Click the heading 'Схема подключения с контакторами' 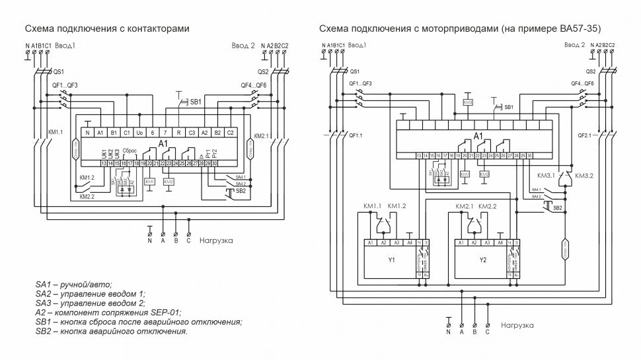coord(107,29)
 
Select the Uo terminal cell coord(139,133)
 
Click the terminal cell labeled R coord(178,133)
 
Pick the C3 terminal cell coord(191,133)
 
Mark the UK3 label coord(117,152)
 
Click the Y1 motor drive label coord(391,260)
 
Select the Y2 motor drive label coord(482,260)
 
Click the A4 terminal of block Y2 coord(500,242)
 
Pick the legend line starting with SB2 coord(111,331)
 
